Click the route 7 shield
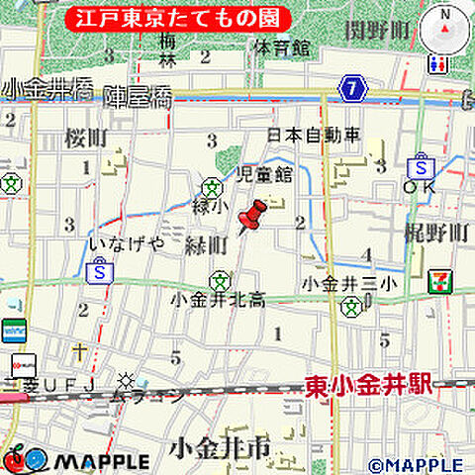pyautogui.click(x=353, y=90)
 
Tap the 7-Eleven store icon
pyautogui.click(x=436, y=282)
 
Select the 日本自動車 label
pyautogui.click(x=315, y=135)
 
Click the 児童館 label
pyautogui.click(x=264, y=175)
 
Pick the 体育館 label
pyautogui.click(x=281, y=47)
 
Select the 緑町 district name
pyautogui.click(x=207, y=243)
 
